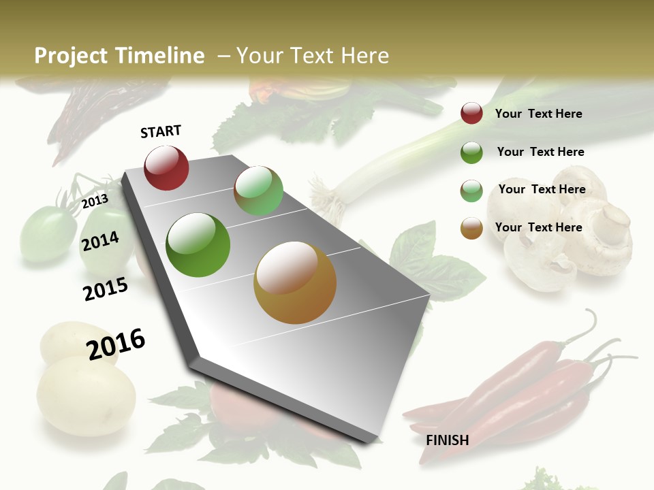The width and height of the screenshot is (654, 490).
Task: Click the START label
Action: pos(161,131)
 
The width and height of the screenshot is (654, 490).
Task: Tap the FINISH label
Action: pos(448,440)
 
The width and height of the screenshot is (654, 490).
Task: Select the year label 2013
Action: pos(95,201)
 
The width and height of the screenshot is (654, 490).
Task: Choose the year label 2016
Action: pos(116,344)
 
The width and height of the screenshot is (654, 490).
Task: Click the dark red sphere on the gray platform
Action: pos(166,167)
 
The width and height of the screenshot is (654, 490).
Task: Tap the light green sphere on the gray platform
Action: pos(258,191)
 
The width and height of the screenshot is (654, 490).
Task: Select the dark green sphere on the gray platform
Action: pos(198,245)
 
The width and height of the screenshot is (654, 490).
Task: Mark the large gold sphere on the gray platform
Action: pos(295,282)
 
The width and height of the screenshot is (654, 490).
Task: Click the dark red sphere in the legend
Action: pos(471,114)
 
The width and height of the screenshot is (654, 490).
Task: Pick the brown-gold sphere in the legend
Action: pos(471,228)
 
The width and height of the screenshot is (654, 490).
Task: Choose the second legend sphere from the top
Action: pos(471,152)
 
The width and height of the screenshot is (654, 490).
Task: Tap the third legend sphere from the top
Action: pos(471,191)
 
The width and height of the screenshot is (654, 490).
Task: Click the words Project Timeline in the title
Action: pos(119,56)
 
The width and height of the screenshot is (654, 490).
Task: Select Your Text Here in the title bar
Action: pos(313,56)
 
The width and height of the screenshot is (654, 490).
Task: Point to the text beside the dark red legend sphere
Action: pos(538,114)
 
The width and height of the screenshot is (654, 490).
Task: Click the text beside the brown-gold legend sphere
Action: pos(538,227)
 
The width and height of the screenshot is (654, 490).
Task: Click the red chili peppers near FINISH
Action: pos(518,388)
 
